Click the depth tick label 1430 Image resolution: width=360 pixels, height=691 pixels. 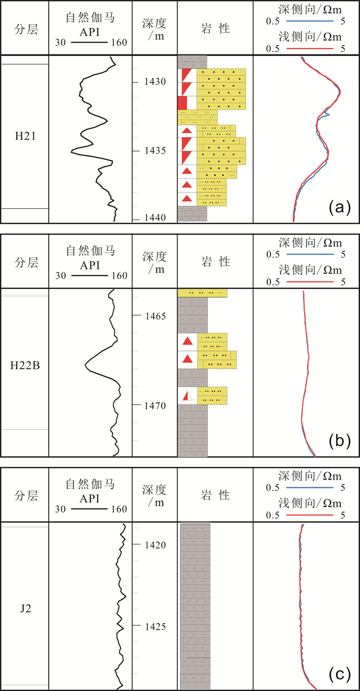click(x=155, y=82)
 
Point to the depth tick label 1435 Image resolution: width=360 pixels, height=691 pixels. click(x=155, y=151)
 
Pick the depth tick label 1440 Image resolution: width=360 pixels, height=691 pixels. click(x=155, y=218)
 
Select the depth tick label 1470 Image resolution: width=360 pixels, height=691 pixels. click(x=155, y=405)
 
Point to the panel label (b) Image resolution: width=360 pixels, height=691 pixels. click(x=339, y=440)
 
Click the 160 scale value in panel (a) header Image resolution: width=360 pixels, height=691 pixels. click(x=119, y=43)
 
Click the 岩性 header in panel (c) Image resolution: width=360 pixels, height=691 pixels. click(x=215, y=495)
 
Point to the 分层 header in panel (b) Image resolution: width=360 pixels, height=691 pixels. click(x=25, y=262)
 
